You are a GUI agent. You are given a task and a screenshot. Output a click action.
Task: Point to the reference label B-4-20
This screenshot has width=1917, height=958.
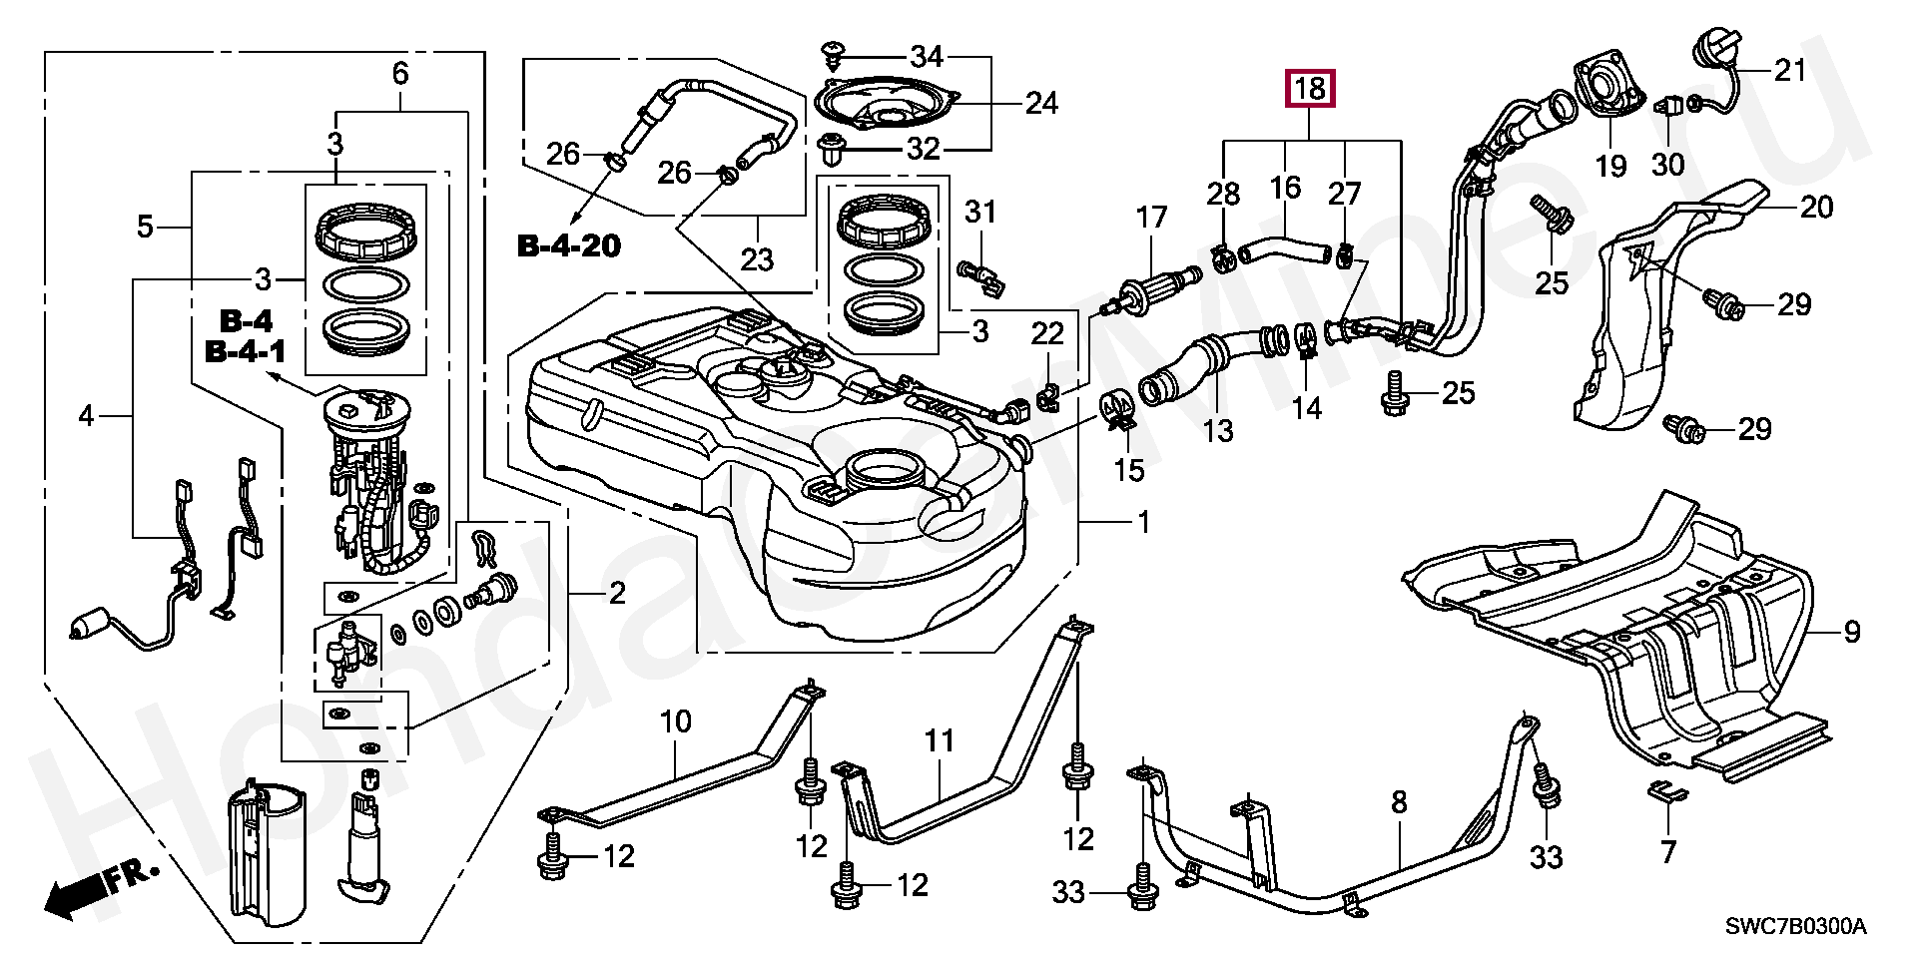(x=569, y=245)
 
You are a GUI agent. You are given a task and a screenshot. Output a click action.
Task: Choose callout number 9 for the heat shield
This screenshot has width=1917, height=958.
(x=1851, y=632)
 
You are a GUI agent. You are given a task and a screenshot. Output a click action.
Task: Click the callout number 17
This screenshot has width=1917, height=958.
(x=1151, y=218)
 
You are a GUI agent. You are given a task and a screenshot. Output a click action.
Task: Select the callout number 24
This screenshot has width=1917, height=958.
(x=1041, y=103)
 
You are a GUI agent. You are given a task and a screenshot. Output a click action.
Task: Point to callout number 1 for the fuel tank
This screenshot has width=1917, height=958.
(x=1144, y=522)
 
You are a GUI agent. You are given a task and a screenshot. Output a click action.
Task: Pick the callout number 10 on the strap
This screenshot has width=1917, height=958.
(x=676, y=721)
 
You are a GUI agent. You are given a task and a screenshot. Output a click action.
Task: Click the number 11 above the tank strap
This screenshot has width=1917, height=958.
(x=939, y=741)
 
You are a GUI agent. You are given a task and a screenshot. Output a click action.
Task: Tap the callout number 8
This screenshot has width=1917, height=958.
(x=1399, y=801)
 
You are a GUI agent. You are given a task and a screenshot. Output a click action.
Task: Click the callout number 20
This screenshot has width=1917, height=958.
(x=1816, y=207)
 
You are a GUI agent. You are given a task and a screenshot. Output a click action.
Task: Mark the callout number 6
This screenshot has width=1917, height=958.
(x=400, y=73)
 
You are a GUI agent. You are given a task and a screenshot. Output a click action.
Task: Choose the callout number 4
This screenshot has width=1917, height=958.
(x=86, y=415)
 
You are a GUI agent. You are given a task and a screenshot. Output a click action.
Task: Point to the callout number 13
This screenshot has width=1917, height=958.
(x=1218, y=431)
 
